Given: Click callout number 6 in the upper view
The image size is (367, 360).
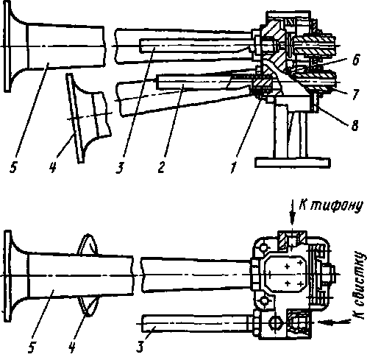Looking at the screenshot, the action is [356, 60].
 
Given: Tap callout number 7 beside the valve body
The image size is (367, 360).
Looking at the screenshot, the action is [356, 94].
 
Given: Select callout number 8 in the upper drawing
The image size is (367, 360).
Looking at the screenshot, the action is [354, 125].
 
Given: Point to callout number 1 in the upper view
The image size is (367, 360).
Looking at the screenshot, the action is [233, 168].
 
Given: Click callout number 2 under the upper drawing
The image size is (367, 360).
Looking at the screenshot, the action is [161, 168].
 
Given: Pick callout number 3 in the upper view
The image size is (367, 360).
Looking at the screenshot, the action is [120, 168].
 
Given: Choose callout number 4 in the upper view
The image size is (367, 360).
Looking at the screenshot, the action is [52, 168].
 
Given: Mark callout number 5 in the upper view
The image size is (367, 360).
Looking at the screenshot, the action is [14, 168].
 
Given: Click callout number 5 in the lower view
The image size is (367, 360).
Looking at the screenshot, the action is [31, 347].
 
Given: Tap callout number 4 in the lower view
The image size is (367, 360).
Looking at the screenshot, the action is [71, 347].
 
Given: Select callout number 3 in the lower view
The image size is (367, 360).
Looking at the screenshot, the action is [140, 347].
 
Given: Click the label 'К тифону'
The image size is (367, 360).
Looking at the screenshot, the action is [330, 205].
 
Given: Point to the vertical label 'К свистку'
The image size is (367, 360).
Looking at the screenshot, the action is [360, 285].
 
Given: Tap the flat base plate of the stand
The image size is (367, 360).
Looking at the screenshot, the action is [293, 163].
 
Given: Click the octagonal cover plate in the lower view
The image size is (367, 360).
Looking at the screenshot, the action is [285, 273].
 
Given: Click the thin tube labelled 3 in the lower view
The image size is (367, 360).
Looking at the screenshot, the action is [197, 323].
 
